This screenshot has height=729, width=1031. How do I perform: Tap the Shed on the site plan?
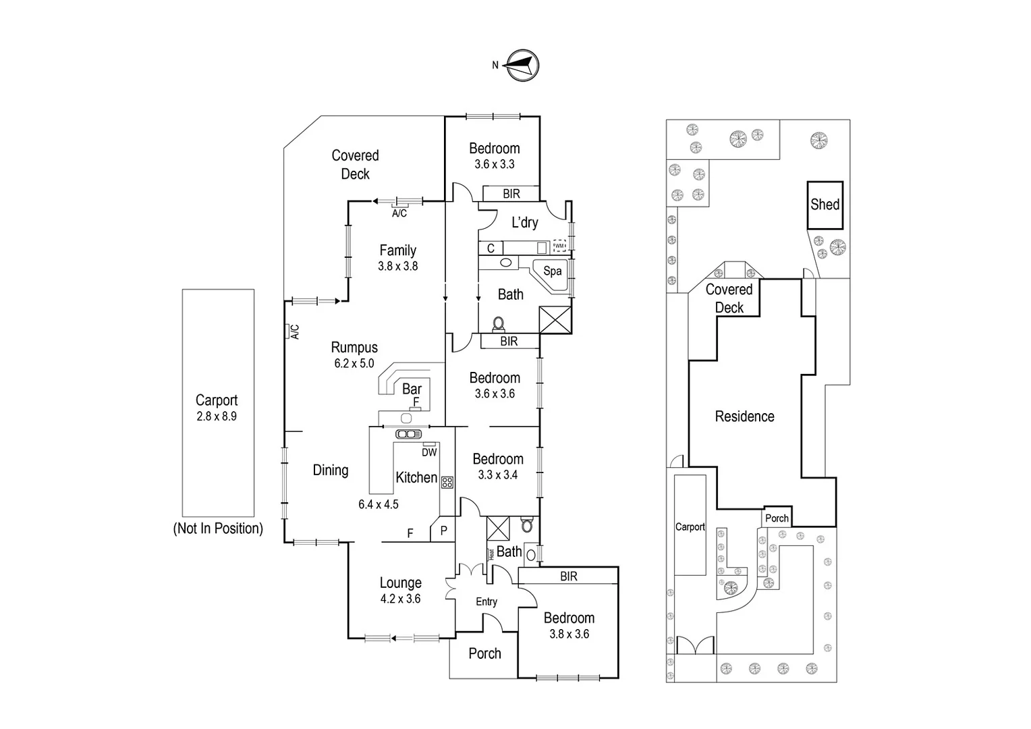825,205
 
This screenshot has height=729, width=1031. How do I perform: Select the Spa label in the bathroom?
553,271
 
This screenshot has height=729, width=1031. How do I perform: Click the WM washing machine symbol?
559,246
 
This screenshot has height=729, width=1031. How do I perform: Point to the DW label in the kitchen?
429,452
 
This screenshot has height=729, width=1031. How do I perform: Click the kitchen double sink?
408,434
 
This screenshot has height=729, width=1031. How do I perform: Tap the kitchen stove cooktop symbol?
447,482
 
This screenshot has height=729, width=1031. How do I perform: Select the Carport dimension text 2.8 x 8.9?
217,416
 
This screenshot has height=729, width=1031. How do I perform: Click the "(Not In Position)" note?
218,529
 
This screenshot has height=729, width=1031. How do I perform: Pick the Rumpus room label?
354,347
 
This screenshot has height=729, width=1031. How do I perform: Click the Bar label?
412,389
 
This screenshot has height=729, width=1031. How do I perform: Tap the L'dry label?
525,223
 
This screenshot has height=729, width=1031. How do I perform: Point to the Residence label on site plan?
744,416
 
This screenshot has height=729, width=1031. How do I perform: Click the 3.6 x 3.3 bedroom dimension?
495,164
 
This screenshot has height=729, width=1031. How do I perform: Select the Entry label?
486,601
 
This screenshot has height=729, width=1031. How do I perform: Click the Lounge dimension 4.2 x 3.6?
400,599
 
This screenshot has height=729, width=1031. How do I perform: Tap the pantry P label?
444,531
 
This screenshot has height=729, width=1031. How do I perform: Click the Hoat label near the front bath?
491,554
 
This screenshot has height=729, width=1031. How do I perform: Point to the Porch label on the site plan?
777,518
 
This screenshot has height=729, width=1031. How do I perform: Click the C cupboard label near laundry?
491,248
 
